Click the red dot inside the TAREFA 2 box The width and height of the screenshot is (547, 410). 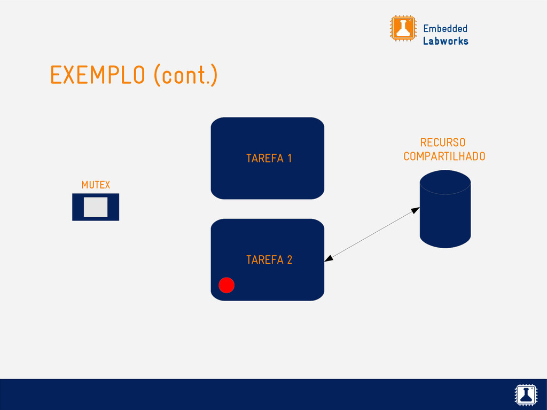(226, 286)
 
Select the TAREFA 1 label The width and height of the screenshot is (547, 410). (269, 159)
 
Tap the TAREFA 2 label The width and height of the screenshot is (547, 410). (269, 260)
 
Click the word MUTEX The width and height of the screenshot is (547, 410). (96, 185)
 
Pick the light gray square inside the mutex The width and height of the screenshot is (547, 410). (96, 207)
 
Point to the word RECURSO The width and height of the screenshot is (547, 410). (442, 143)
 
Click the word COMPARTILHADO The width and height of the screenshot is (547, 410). (444, 156)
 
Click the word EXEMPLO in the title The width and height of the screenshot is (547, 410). (97, 75)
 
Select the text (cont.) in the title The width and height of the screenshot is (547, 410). (185, 75)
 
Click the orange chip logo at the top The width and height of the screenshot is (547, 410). (403, 28)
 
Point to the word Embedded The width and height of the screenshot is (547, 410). (445, 28)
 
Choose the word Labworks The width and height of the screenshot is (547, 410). (446, 41)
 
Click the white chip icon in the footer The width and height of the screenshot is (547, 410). (525, 394)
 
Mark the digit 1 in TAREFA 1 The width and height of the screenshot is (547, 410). (289, 159)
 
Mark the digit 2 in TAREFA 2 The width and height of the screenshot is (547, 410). (289, 260)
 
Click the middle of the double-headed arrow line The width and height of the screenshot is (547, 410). (372, 234)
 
